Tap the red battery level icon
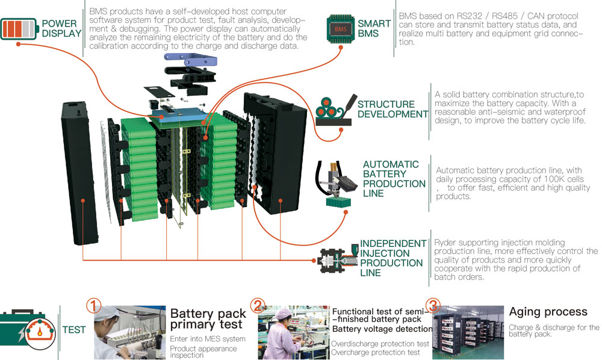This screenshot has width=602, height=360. tap(19, 28)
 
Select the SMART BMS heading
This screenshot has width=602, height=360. tap(374, 28)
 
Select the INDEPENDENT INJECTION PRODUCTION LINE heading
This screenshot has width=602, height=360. tap(391, 258)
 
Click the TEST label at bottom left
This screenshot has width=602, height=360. tap(73, 331)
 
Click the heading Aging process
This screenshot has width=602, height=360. tap(548, 312)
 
